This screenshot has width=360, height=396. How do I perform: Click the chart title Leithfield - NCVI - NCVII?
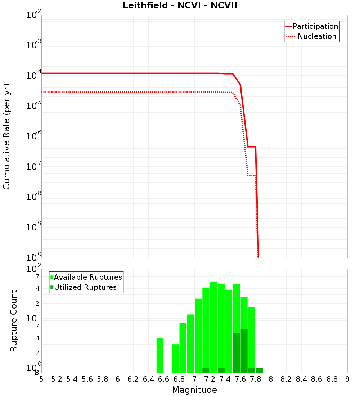[x=180, y=5]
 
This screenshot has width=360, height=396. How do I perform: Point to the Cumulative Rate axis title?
[x=6, y=136]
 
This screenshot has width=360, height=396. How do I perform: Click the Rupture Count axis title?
[x=14, y=321]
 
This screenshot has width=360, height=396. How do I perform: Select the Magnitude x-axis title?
[x=194, y=390]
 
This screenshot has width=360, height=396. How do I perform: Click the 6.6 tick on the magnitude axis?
[x=164, y=379]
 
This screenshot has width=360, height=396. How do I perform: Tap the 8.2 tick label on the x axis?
[x=286, y=379]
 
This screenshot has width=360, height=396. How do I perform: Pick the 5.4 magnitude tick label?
[x=72, y=379]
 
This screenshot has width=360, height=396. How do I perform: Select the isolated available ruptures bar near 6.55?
[x=160, y=355]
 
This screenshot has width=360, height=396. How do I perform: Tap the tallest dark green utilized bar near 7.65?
[x=244, y=351]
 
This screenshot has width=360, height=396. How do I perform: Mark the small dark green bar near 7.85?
[x=259, y=370]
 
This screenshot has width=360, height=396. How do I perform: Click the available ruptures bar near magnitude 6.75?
[x=175, y=358]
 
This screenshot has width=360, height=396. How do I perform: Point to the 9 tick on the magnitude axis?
[x=347, y=379]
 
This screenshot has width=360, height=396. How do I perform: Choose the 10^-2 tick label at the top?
[x=34, y=14]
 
